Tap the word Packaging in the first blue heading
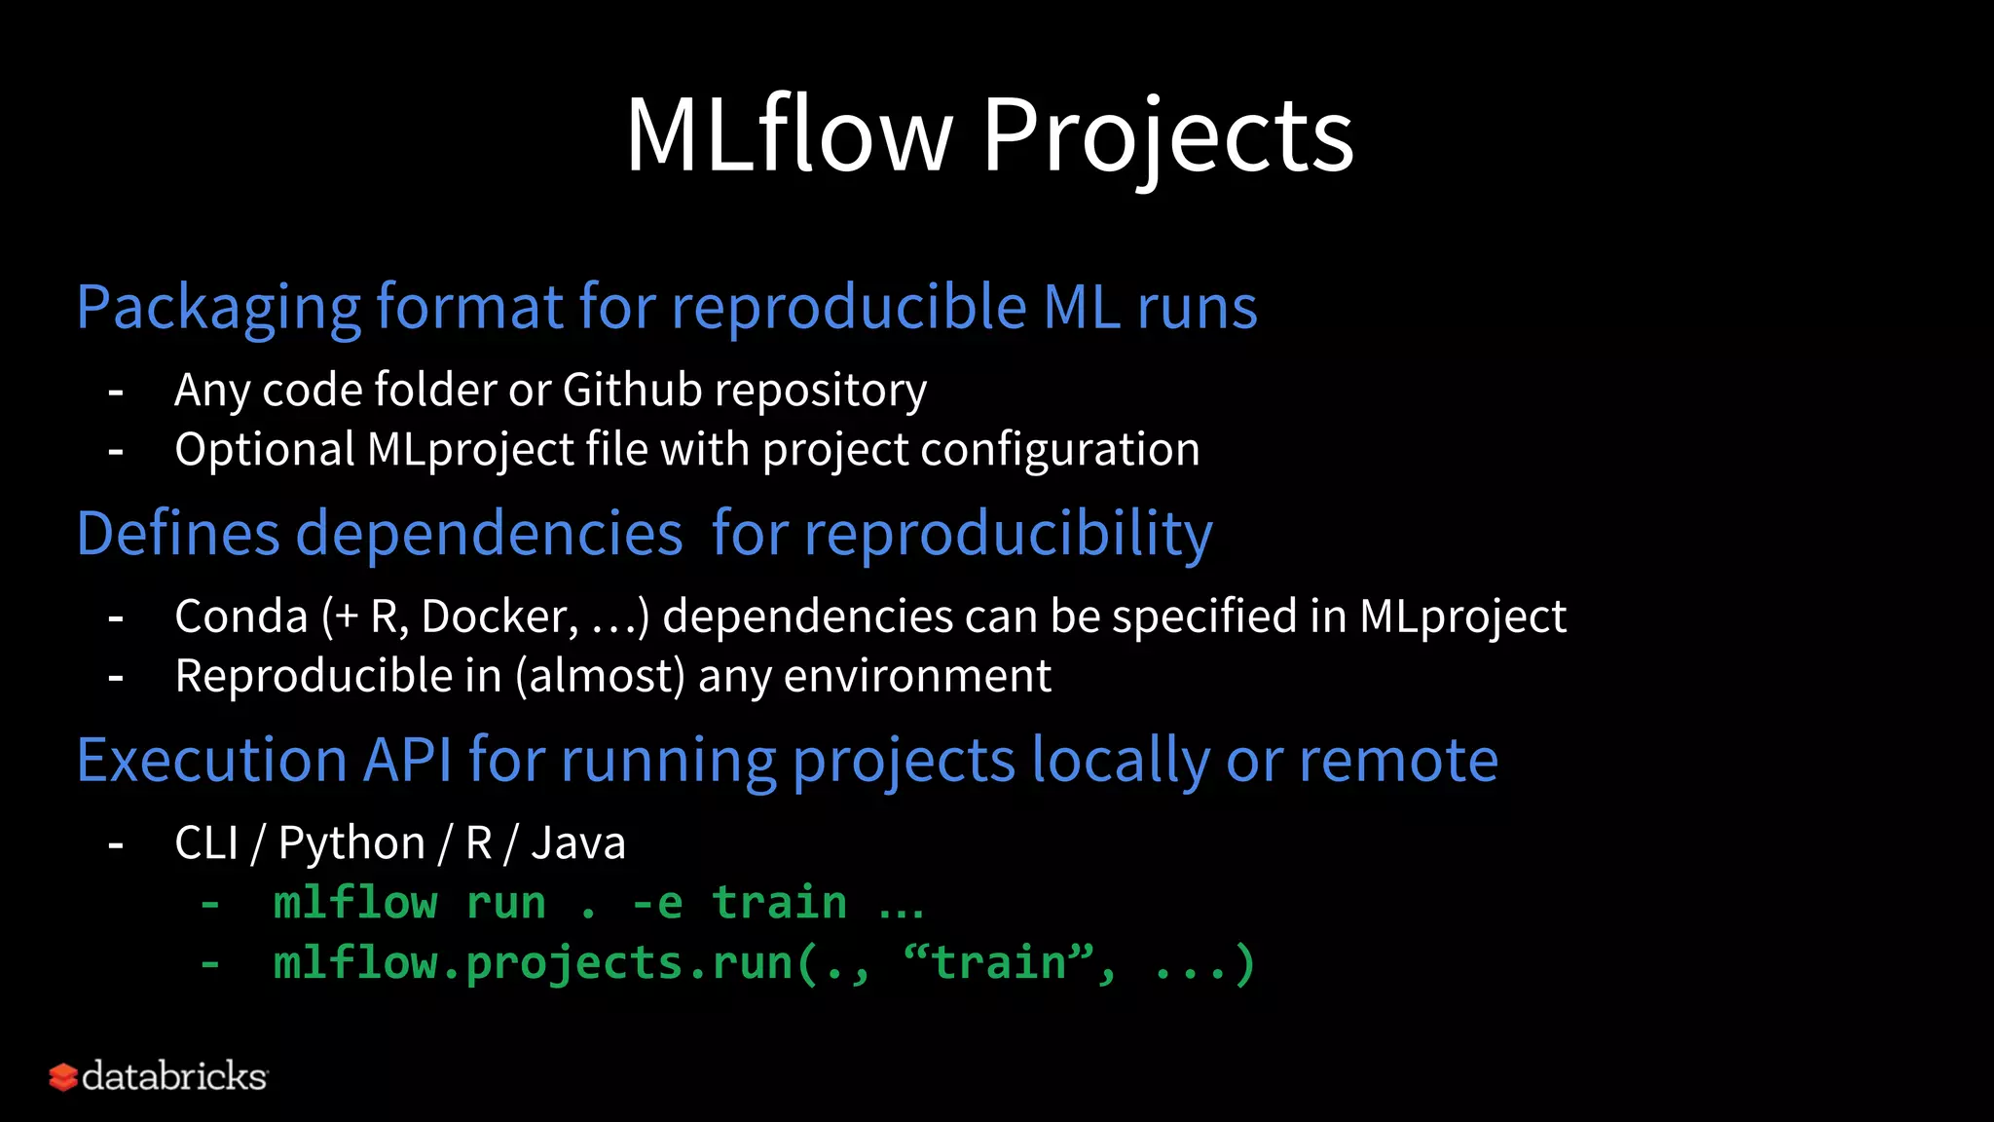pyautogui.click(x=219, y=308)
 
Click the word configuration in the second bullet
pyautogui.click(x=1059, y=450)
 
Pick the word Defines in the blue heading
pyautogui.click(x=178, y=534)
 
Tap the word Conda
pyautogui.click(x=240, y=617)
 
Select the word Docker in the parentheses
pyautogui.click(x=499, y=617)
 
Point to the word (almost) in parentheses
pyautogui.click(x=601, y=676)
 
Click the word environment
pyautogui.click(x=917, y=676)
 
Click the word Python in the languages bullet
pyautogui.click(x=351, y=843)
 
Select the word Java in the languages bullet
pyautogui.click(x=577, y=843)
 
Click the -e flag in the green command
pyautogui.click(x=657, y=903)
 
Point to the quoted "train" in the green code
pyautogui.click(x=999, y=963)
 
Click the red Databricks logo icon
pyautogui.click(x=62, y=1077)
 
